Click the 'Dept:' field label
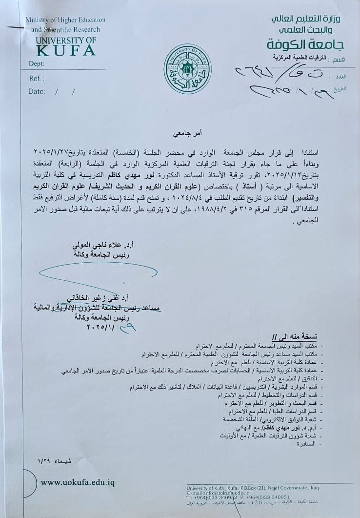37,63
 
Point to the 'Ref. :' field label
37,78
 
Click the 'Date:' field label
37,91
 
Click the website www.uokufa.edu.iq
78,482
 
